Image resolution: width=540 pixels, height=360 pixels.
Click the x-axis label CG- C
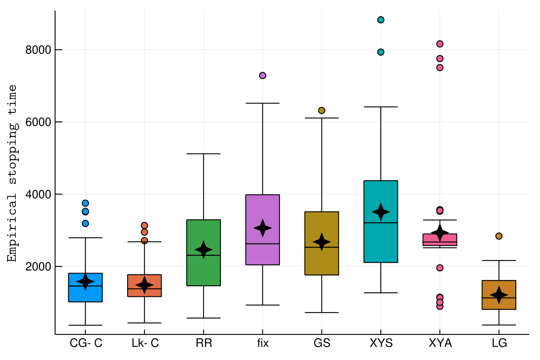pyautogui.click(x=86, y=343)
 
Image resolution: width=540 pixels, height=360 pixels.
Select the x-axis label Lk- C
pyautogui.click(x=145, y=343)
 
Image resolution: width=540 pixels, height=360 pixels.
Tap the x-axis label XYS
pyautogui.click(x=381, y=343)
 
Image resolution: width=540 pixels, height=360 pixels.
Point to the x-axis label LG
pyautogui.click(x=499, y=343)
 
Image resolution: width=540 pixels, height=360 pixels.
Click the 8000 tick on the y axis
pyautogui.click(x=38, y=50)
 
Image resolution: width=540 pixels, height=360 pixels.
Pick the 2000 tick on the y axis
pyautogui.click(x=38, y=266)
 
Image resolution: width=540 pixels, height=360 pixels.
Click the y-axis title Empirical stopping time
pyautogui.click(x=12, y=173)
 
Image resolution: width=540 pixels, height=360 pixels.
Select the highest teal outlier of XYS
pyautogui.click(x=381, y=20)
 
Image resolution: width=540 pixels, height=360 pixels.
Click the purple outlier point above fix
pyautogui.click(x=263, y=75)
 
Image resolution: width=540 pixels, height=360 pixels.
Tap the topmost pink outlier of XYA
pyautogui.click(x=440, y=44)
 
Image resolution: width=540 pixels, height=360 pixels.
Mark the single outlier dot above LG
pyautogui.click(x=499, y=236)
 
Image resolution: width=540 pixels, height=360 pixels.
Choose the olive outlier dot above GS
pyautogui.click(x=322, y=110)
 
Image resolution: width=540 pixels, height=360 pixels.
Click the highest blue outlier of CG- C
pyautogui.click(x=86, y=203)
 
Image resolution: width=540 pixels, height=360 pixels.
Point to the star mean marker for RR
pyautogui.click(x=204, y=250)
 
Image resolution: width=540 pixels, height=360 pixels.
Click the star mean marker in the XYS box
pyautogui.click(x=381, y=212)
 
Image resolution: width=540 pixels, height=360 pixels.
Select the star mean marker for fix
pyautogui.click(x=263, y=228)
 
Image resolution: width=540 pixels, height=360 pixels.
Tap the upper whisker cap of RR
pyautogui.click(x=204, y=154)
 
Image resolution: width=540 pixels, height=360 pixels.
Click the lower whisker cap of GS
pyautogui.click(x=322, y=312)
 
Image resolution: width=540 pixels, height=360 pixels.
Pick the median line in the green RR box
pyautogui.click(x=204, y=255)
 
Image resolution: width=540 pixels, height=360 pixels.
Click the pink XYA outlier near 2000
pyautogui.click(x=440, y=268)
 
